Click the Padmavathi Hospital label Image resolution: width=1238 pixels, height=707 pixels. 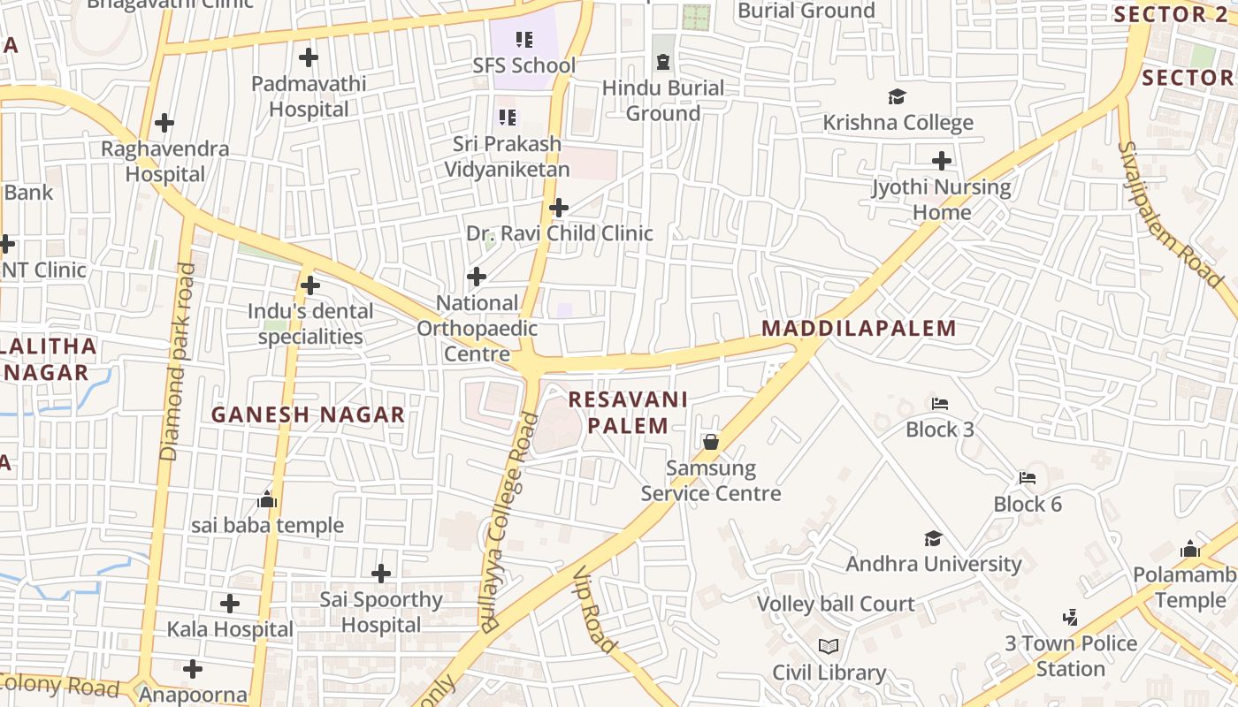[x=308, y=96]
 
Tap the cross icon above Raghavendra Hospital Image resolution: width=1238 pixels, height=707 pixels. [x=164, y=123]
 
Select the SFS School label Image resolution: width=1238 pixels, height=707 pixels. [x=523, y=65]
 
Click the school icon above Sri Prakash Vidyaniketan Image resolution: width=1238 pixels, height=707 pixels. [x=507, y=117]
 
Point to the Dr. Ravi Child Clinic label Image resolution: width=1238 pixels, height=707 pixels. [x=559, y=233]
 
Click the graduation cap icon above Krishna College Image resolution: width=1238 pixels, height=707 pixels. [x=897, y=96]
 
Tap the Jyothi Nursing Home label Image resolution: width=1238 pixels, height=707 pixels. [x=941, y=200]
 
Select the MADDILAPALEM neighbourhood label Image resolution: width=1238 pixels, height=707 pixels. [x=859, y=329]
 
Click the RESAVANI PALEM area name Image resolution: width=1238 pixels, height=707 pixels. [x=627, y=413]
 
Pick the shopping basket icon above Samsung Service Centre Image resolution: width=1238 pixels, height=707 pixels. [x=710, y=442]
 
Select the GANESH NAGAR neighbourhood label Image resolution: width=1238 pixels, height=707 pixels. [x=308, y=414]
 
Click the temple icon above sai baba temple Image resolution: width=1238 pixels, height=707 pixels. [x=267, y=500]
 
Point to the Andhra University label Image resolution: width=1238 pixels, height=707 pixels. [x=933, y=564]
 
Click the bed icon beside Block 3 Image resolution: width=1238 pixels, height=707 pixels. [x=940, y=404]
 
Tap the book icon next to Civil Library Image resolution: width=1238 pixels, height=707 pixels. [x=828, y=647]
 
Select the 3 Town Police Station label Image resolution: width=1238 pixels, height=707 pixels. [x=1070, y=656]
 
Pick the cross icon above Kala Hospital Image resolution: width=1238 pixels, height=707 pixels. [x=230, y=604]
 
